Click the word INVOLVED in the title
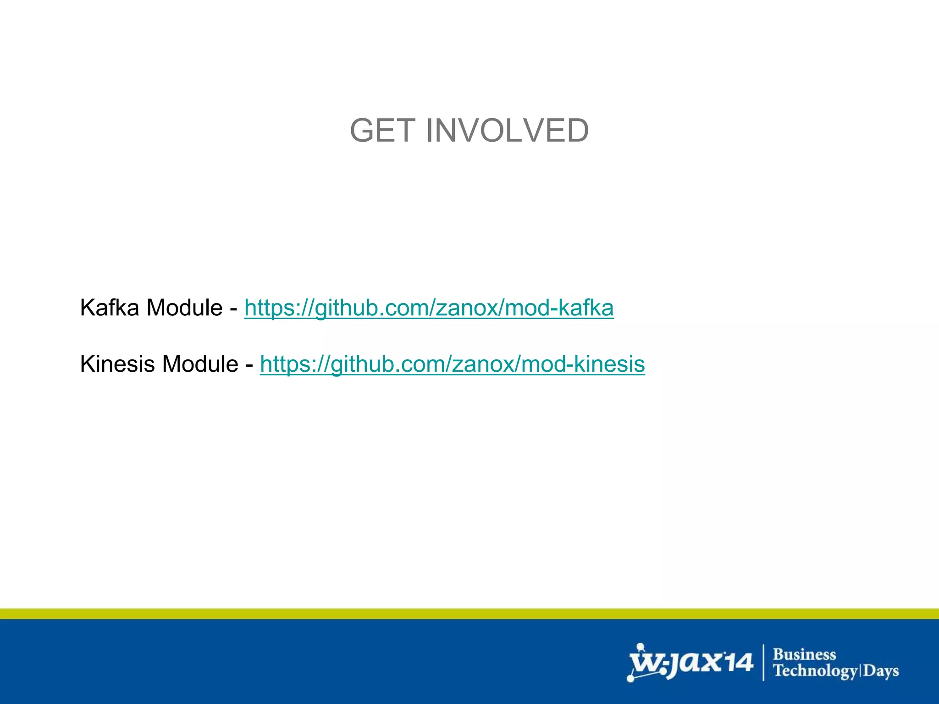pyautogui.click(x=507, y=131)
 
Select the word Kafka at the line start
pyautogui.click(x=109, y=308)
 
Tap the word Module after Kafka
pyautogui.click(x=184, y=308)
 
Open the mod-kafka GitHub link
pyautogui.click(x=429, y=308)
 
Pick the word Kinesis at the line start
pyautogui.click(x=117, y=364)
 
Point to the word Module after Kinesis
pyautogui.click(x=200, y=364)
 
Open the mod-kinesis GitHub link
pyautogui.click(x=452, y=364)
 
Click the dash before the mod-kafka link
pyautogui.click(x=233, y=308)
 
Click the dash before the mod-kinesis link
pyautogui.click(x=249, y=365)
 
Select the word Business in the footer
pyautogui.click(x=805, y=654)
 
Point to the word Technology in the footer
pyautogui.click(x=815, y=671)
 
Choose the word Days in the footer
pyautogui.click(x=881, y=671)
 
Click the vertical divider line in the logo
pyautogui.click(x=763, y=662)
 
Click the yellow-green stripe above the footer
pyautogui.click(x=469, y=614)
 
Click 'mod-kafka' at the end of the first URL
pyautogui.click(x=559, y=308)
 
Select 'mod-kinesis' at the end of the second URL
pyautogui.click(x=583, y=364)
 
